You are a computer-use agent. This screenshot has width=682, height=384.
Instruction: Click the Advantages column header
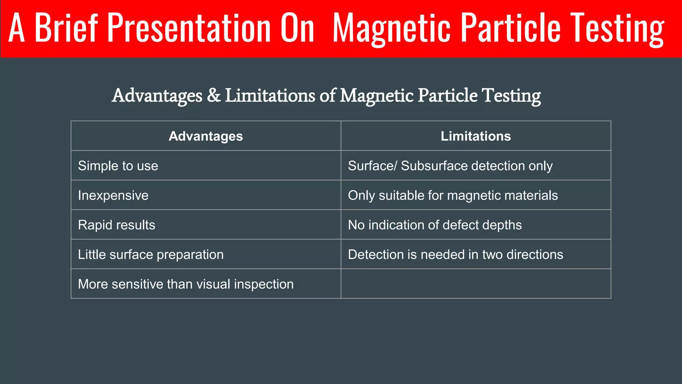206,136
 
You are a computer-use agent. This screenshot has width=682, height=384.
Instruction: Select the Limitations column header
476,136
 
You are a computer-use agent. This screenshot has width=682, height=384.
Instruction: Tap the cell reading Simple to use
118,166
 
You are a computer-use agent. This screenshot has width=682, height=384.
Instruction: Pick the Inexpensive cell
113,195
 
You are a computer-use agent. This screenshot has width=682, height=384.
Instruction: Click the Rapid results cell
117,225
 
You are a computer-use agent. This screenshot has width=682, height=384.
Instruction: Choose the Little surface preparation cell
151,255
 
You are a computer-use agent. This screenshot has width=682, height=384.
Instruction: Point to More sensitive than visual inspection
186,284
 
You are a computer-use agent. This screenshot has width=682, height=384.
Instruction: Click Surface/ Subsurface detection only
450,166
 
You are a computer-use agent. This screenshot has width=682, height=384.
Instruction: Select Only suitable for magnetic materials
453,195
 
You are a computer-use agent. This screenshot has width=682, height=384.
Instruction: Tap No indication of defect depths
435,225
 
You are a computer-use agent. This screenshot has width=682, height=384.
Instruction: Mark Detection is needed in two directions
456,255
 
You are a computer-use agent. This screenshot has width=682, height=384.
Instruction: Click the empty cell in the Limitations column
476,284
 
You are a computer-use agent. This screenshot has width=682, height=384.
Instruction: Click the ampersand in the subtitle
214,95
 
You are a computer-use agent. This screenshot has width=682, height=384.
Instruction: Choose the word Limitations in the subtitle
270,95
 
